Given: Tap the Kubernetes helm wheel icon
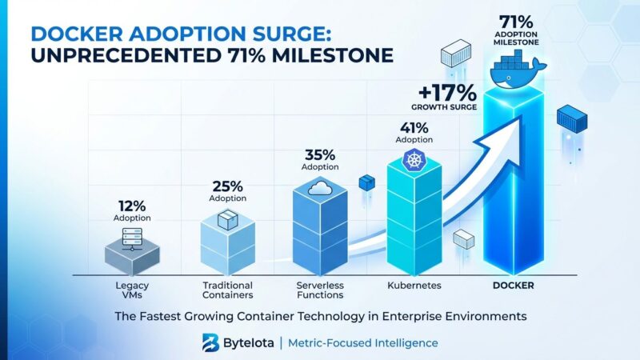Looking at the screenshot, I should (414, 161).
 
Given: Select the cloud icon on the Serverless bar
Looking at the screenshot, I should (319, 188).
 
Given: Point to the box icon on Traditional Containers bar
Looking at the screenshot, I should (227, 220).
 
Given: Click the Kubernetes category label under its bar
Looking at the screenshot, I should (414, 285).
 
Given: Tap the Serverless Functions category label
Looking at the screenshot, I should (319, 290).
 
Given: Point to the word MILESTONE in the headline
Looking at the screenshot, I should (333, 58).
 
